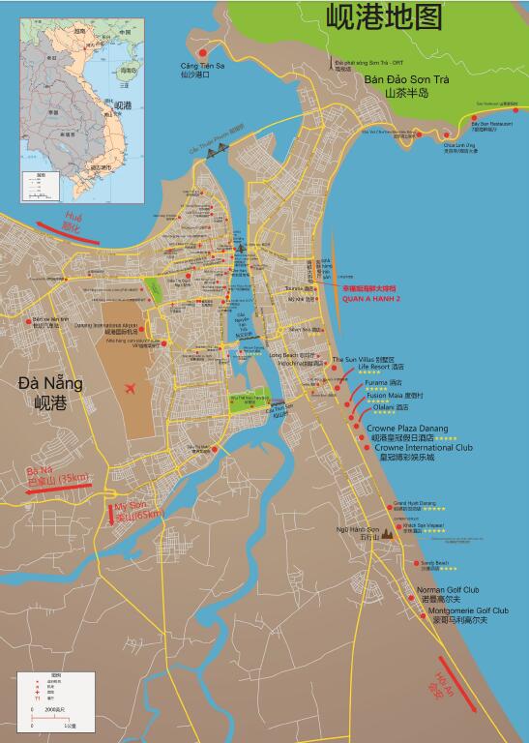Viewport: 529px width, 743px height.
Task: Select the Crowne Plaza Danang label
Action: click(x=406, y=428)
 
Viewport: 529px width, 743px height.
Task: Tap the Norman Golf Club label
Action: click(x=448, y=589)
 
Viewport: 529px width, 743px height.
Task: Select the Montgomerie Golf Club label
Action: click(x=468, y=610)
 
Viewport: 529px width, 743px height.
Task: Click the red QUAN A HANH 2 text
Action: click(x=371, y=299)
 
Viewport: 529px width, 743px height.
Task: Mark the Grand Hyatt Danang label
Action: click(x=415, y=504)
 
